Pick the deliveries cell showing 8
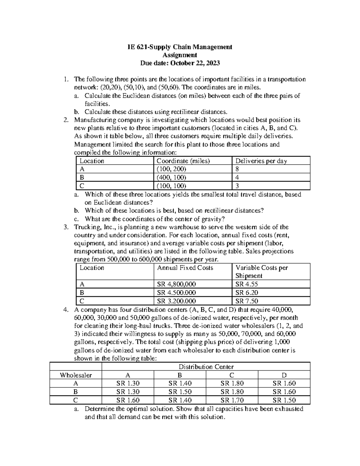(x=237, y=169)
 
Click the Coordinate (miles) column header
(x=183, y=161)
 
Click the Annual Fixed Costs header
(x=185, y=268)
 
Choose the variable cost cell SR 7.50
(x=247, y=301)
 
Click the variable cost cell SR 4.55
(x=247, y=284)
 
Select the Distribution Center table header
(x=206, y=367)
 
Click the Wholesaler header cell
(x=76, y=375)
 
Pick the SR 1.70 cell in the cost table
(x=232, y=400)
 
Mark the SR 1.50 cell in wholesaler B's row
(x=180, y=392)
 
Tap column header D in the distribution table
(x=284, y=375)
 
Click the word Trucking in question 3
(x=86, y=227)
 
